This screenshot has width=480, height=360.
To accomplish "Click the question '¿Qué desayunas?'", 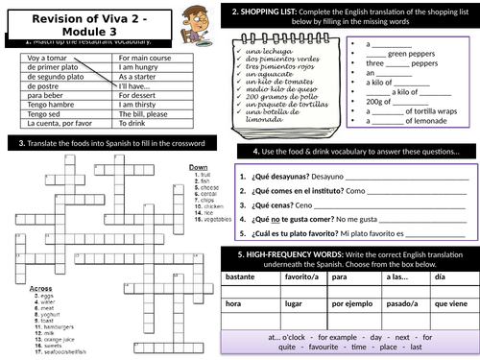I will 278,176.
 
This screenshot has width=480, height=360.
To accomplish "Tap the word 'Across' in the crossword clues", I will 40,260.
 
